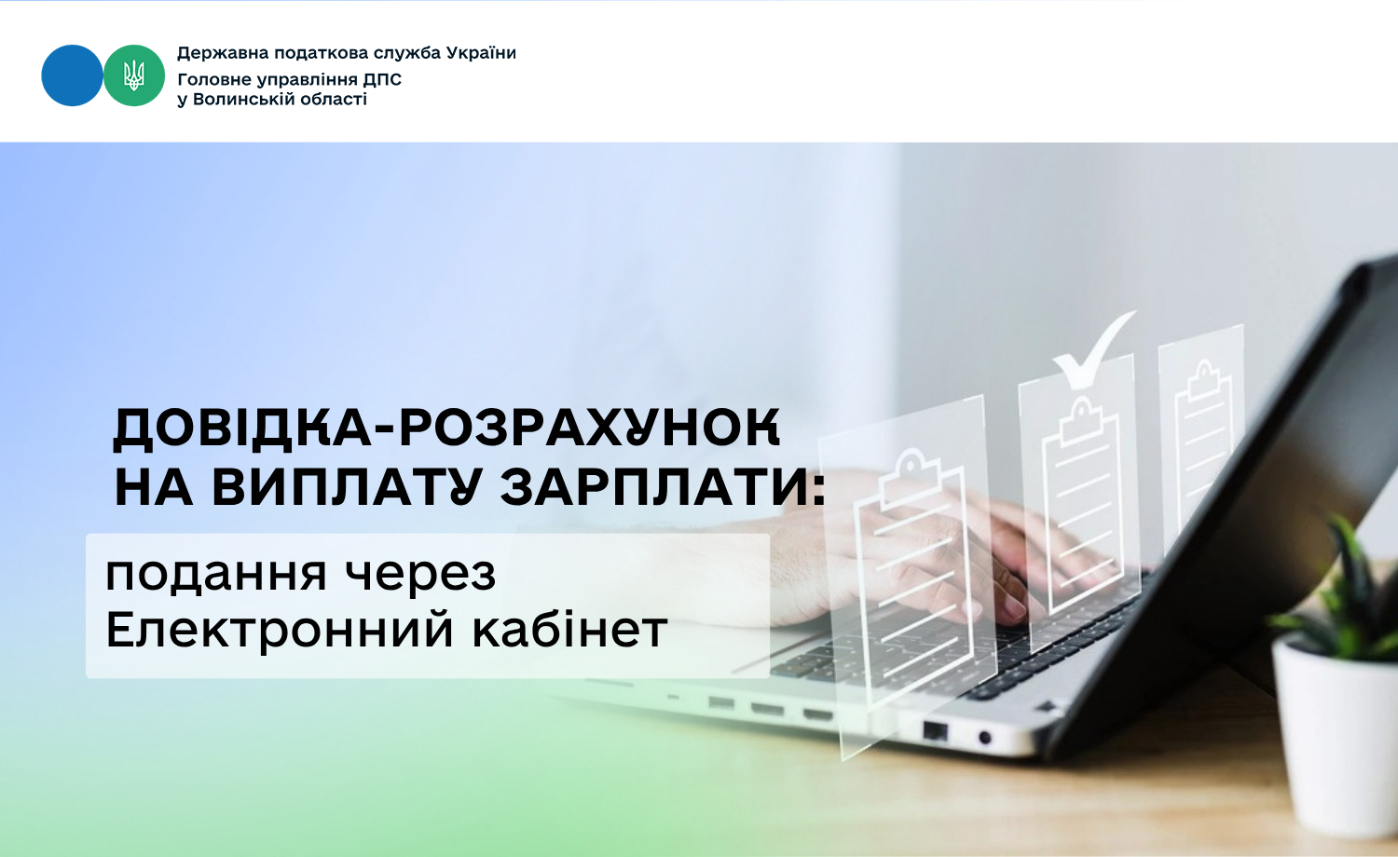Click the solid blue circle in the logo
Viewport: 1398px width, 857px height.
[x=72, y=75]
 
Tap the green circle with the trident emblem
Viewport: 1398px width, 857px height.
[x=133, y=75]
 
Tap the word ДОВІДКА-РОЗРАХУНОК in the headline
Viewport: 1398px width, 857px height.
[x=446, y=428]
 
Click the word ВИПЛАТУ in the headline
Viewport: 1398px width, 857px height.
[x=347, y=486]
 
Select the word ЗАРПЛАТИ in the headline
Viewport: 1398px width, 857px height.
[x=655, y=486]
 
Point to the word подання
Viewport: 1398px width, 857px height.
[x=216, y=575]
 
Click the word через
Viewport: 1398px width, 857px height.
[x=420, y=576]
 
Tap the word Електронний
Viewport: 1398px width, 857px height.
[x=280, y=630]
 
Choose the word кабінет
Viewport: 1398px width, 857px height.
[x=569, y=629]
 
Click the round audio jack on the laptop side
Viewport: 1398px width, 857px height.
[x=985, y=738]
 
